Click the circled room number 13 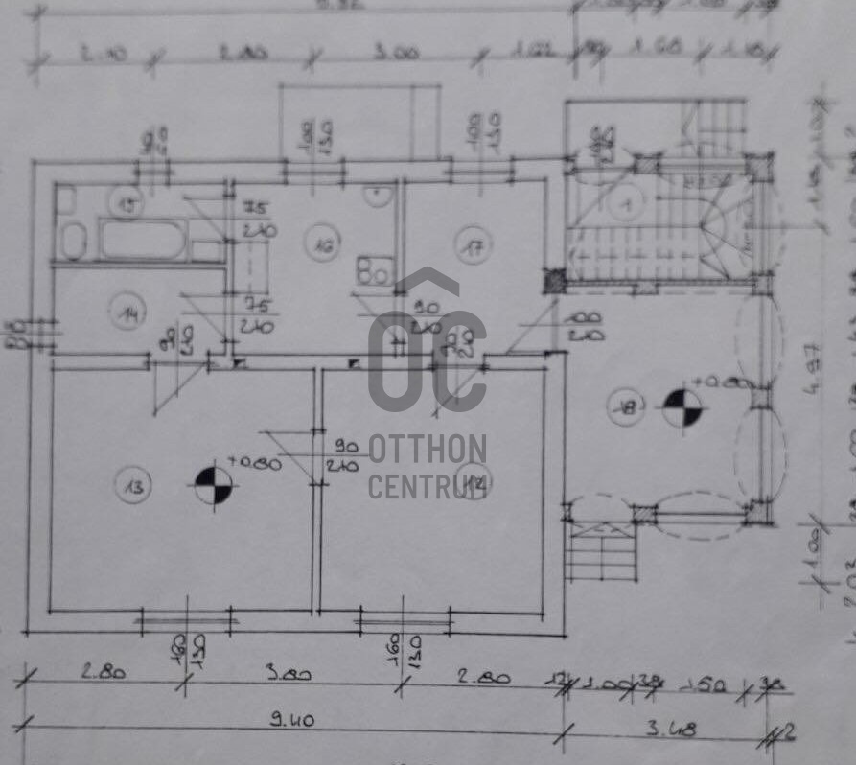point(133,487)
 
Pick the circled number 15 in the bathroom point(127,203)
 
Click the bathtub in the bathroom point(142,240)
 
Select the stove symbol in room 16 point(373,269)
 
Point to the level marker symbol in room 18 point(683,408)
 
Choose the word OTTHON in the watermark point(428,448)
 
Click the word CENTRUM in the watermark point(428,485)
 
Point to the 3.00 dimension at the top point(396,53)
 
